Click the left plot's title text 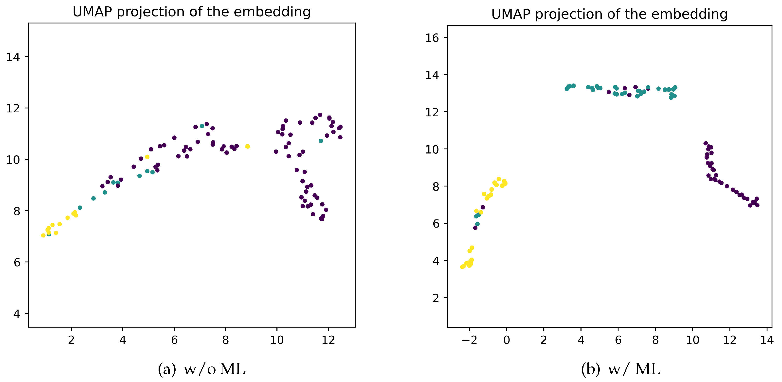pyautogui.click(x=192, y=12)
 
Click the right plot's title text pyautogui.click(x=609, y=14)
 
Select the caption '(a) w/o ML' pyautogui.click(x=201, y=369)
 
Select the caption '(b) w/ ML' pyautogui.click(x=620, y=369)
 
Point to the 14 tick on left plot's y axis pyautogui.click(x=13, y=57)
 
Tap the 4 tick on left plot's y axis pyautogui.click(x=17, y=314)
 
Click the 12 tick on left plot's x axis pyautogui.click(x=328, y=340)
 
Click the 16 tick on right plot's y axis pyautogui.click(x=432, y=38)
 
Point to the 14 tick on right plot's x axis pyautogui.click(x=767, y=340)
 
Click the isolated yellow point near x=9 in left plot pyautogui.click(x=247, y=147)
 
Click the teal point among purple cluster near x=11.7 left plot pyautogui.click(x=321, y=141)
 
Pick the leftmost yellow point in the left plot pyautogui.click(x=43, y=235)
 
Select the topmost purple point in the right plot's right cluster pyautogui.click(x=706, y=143)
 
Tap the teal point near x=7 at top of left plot pyautogui.click(x=202, y=126)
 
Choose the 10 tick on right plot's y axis pyautogui.click(x=432, y=149)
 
